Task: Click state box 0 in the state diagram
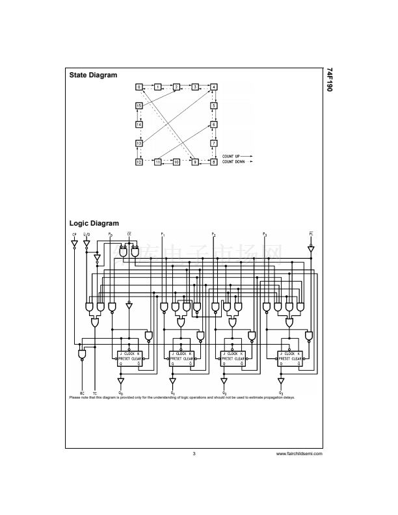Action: click(x=139, y=86)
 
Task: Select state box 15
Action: click(x=139, y=105)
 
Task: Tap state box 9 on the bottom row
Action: click(x=195, y=161)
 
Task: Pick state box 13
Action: click(x=139, y=143)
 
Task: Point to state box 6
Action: click(x=214, y=124)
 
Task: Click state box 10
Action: click(x=176, y=161)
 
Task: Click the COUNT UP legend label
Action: click(x=232, y=157)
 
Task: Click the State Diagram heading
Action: click(x=93, y=75)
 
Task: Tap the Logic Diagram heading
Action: click(x=94, y=224)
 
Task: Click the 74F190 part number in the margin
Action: click(x=329, y=79)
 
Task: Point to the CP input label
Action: click(x=74, y=233)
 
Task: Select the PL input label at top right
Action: click(x=311, y=233)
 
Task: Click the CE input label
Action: click(x=129, y=233)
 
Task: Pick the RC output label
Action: click(x=82, y=393)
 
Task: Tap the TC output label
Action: click(x=95, y=393)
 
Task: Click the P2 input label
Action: click(x=213, y=233)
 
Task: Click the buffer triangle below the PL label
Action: click(x=311, y=248)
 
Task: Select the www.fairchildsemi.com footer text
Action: click(x=299, y=453)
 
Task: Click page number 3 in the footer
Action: click(x=194, y=453)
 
